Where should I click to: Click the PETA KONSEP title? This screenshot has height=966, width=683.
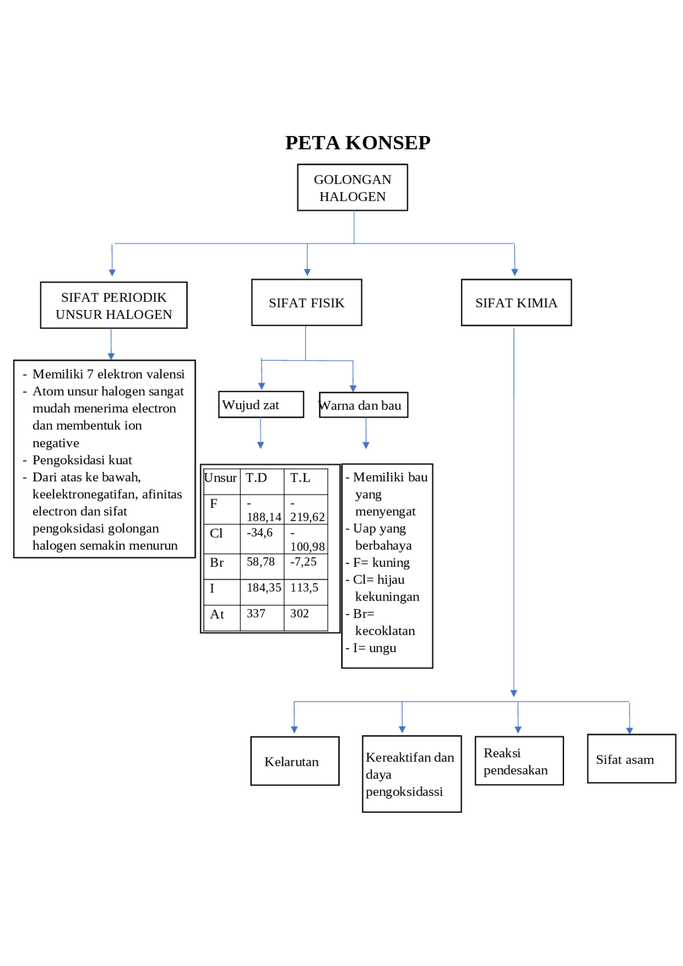pyautogui.click(x=358, y=143)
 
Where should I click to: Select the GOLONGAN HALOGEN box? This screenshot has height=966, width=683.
pyautogui.click(x=352, y=188)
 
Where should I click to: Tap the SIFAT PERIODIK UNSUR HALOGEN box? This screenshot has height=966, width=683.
pyautogui.click(x=114, y=306)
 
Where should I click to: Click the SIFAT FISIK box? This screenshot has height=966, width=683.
pyautogui.click(x=306, y=303)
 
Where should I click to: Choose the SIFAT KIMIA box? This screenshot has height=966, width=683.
pyautogui.click(x=516, y=303)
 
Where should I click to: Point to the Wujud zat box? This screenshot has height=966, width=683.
pyautogui.click(x=260, y=405)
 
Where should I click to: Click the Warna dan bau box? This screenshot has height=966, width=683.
pyautogui.click(x=363, y=405)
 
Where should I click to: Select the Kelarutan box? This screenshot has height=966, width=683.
pyautogui.click(x=295, y=761)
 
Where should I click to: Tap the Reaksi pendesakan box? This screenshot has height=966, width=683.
pyautogui.click(x=519, y=761)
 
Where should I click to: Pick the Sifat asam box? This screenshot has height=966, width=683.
pyautogui.click(x=631, y=759)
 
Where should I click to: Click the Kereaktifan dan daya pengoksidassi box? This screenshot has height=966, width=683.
pyautogui.click(x=411, y=774)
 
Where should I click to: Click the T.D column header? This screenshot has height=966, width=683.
pyautogui.click(x=257, y=478)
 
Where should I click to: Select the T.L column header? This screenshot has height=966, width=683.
pyautogui.click(x=300, y=478)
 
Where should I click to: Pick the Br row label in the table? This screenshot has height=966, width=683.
pyautogui.click(x=217, y=563)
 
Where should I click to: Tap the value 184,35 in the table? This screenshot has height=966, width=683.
pyautogui.click(x=264, y=588)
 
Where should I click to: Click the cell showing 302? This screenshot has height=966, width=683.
pyautogui.click(x=299, y=613)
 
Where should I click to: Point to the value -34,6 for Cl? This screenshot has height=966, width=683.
pyautogui.click(x=260, y=533)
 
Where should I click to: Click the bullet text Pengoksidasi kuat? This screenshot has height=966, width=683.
pyautogui.click(x=82, y=460)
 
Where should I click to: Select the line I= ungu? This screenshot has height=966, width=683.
pyautogui.click(x=374, y=648)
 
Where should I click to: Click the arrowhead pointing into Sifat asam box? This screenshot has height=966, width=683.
pyautogui.click(x=630, y=731)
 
